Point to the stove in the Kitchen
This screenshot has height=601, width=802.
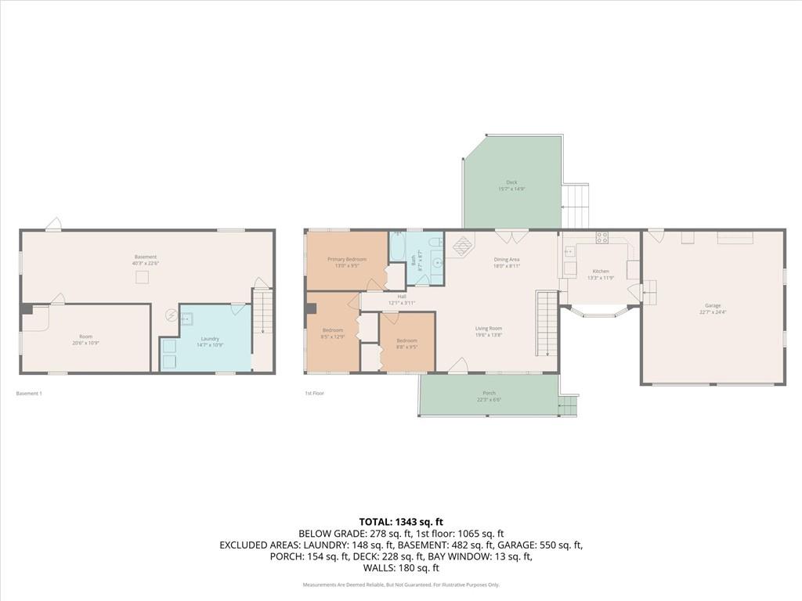point(602,237)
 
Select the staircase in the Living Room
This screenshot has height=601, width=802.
point(546,322)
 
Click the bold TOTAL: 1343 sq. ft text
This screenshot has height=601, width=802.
point(401,521)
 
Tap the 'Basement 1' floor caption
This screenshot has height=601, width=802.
point(29,394)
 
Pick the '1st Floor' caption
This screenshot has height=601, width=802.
point(314,394)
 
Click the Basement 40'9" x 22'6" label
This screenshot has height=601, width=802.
point(146,260)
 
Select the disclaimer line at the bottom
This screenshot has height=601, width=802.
point(401,585)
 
